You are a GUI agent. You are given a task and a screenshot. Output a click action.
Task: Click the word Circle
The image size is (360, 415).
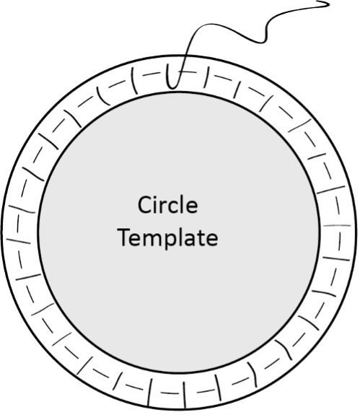(167, 205)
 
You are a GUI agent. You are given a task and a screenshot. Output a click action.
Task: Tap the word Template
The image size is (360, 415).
(169, 238)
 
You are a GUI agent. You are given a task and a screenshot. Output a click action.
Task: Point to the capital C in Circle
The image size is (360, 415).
(144, 205)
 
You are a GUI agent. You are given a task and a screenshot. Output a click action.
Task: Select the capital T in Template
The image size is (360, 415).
(126, 237)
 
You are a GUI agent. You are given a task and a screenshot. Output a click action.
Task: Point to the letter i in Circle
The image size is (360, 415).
(155, 206)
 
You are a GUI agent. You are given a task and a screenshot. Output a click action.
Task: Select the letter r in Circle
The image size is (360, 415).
(162, 207)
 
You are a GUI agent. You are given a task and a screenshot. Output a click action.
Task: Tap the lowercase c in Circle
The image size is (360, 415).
(172, 208)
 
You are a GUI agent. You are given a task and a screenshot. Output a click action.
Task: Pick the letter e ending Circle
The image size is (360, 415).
(192, 208)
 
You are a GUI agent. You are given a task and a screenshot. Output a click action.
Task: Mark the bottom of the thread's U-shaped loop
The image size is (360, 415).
(172, 87)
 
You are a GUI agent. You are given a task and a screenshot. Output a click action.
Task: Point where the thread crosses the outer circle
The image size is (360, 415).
(185, 56)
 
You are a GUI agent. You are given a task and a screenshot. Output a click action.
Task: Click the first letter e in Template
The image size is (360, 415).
(139, 240)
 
